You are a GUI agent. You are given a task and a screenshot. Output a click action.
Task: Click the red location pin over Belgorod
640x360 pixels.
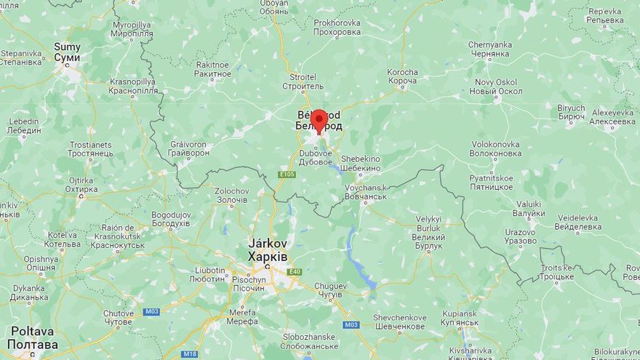[319, 120]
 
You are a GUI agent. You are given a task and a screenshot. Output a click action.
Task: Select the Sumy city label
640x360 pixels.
[67, 52]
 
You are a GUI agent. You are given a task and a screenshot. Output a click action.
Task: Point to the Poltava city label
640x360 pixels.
[33, 337]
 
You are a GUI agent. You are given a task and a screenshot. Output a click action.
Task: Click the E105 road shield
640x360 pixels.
[287, 175]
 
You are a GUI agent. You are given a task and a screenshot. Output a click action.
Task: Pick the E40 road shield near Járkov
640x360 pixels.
[294, 272]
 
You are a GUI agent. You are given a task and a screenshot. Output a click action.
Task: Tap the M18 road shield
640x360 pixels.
[189, 354]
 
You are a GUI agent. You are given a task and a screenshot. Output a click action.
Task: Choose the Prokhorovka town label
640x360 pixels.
[337, 28]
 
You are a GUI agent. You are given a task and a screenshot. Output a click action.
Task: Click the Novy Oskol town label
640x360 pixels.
[496, 87]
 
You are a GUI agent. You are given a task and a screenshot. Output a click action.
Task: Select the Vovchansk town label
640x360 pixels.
[366, 192]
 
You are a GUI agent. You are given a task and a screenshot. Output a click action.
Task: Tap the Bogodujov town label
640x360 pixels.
[171, 219]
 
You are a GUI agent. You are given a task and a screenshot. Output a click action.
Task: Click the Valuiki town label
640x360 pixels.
[529, 209]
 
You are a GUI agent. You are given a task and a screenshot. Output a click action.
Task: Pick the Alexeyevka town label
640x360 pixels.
[613, 117]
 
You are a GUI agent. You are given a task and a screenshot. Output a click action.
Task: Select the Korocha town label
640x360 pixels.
[403, 77]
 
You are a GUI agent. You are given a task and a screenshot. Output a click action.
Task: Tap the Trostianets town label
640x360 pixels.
[89, 149]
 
